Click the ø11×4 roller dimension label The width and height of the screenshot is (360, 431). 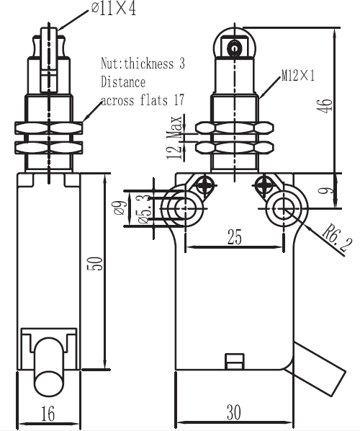[x=114, y=9]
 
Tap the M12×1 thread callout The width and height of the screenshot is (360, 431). [x=298, y=75]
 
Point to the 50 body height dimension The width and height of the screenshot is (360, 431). [x=95, y=263]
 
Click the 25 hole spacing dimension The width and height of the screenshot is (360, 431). [x=235, y=237]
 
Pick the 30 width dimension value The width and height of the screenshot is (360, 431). [x=234, y=412]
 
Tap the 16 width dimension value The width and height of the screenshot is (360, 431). [x=48, y=414]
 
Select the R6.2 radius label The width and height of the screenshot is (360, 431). [x=337, y=238]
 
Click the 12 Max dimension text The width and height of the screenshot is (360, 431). [x=174, y=137]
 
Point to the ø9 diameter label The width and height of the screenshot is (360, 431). [x=120, y=208]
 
